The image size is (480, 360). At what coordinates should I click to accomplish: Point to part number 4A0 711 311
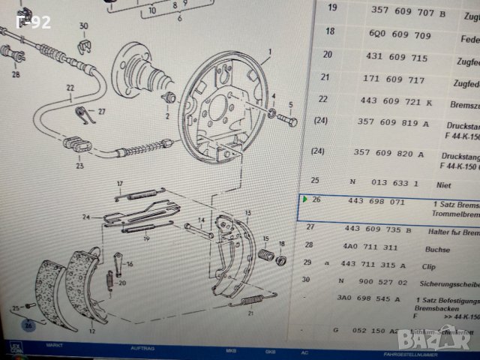[369, 245]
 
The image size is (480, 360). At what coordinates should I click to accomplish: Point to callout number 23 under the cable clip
[79, 166]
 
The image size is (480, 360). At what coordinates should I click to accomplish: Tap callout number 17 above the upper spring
[118, 184]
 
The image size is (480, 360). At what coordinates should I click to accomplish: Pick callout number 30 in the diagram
[83, 26]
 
